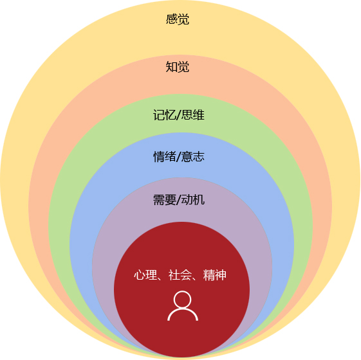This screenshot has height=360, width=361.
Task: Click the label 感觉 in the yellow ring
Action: (x=178, y=19)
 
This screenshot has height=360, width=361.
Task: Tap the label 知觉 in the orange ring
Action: (x=178, y=67)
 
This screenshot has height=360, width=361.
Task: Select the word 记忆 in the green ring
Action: (x=164, y=115)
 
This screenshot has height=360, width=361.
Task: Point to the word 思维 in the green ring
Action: (x=192, y=115)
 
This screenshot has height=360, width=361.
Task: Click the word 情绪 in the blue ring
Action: (x=164, y=157)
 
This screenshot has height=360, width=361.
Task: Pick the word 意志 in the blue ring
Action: (x=192, y=157)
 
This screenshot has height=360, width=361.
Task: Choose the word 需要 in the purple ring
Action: (x=164, y=200)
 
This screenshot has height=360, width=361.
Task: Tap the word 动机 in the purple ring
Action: (x=192, y=200)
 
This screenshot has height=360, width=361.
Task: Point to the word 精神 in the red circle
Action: (x=214, y=275)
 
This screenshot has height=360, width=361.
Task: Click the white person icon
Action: (x=183, y=306)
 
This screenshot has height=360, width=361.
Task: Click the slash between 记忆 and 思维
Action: (x=179, y=115)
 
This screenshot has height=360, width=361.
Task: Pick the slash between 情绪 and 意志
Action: (x=179, y=157)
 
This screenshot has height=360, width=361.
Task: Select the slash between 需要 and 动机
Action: (x=179, y=200)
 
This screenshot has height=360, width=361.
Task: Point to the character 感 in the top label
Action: (x=172, y=19)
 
